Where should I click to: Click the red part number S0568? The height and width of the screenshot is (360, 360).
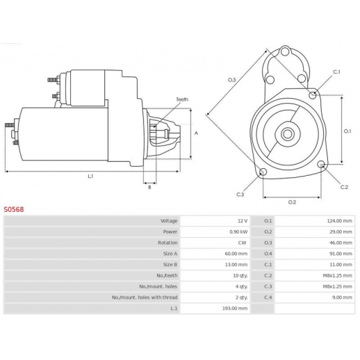tap(14, 209)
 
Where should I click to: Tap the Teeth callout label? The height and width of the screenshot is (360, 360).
tap(182, 99)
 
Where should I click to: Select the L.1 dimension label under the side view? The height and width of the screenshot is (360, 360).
tap(90, 177)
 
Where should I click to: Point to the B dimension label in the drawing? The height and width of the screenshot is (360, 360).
tap(149, 187)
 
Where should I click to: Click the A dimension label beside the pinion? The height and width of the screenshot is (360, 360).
tap(196, 133)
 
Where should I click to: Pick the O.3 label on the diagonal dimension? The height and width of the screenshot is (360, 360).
tap(232, 80)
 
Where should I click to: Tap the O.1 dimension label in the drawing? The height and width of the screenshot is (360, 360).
tap(347, 131)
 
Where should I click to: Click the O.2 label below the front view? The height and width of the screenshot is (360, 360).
tap(292, 202)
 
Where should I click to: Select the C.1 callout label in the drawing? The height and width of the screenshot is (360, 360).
tap(336, 72)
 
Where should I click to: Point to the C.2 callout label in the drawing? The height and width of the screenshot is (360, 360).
tap(344, 187)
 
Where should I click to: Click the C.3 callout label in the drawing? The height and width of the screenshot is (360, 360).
tap(240, 195)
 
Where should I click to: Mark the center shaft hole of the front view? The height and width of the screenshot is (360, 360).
tap(288, 134)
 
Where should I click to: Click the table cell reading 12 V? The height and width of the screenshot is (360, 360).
tap(243, 221)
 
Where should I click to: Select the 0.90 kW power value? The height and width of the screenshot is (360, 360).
tap(238, 231)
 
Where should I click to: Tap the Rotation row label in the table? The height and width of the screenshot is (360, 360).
tap(167, 243)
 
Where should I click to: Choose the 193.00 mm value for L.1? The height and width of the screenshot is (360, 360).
tap(235, 309)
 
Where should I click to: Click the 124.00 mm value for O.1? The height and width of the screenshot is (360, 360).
tap(339, 221)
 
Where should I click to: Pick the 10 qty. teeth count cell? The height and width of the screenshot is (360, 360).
tap(240, 276)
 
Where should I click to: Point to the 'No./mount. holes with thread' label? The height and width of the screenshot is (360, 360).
tap(145, 297)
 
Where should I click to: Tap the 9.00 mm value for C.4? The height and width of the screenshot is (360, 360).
tap(342, 297)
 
